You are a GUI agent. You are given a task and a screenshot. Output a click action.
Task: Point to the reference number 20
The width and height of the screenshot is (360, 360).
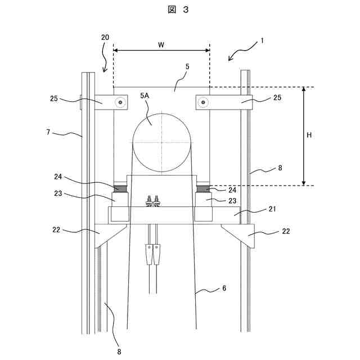(x=105, y=37)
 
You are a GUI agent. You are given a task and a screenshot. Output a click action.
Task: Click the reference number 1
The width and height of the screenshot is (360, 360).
(x=262, y=40)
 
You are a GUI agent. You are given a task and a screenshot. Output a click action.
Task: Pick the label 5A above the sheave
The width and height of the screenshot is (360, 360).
(x=145, y=97)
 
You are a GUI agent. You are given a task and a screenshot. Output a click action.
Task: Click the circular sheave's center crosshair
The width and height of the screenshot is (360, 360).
(x=161, y=142)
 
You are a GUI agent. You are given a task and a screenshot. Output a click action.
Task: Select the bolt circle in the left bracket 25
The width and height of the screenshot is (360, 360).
(x=120, y=102)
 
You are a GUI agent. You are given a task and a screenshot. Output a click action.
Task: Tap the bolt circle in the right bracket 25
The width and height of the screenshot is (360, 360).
(x=203, y=102)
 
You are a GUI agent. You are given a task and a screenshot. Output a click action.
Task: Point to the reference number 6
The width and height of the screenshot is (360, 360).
(x=223, y=288)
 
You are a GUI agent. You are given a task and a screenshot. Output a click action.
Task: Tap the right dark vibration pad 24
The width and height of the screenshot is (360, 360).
(x=203, y=188)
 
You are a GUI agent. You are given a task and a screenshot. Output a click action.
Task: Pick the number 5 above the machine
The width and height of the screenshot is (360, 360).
(x=187, y=66)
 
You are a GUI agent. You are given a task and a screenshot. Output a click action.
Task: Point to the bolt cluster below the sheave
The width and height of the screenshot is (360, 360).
(x=152, y=201)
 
